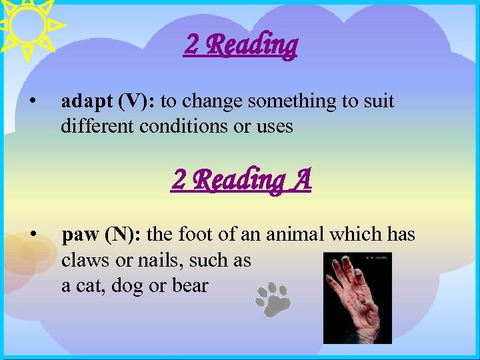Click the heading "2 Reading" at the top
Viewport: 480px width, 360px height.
pos(241,45)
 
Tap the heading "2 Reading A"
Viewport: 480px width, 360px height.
pos(241,179)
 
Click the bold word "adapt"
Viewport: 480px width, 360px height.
pos(87,101)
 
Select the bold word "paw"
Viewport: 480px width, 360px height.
pos(81,235)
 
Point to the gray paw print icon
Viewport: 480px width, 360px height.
pos(273,298)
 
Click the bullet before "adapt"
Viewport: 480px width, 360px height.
pos(32,102)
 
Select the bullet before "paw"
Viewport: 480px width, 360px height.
pos(32,235)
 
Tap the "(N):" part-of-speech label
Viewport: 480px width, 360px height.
pos(123,235)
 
